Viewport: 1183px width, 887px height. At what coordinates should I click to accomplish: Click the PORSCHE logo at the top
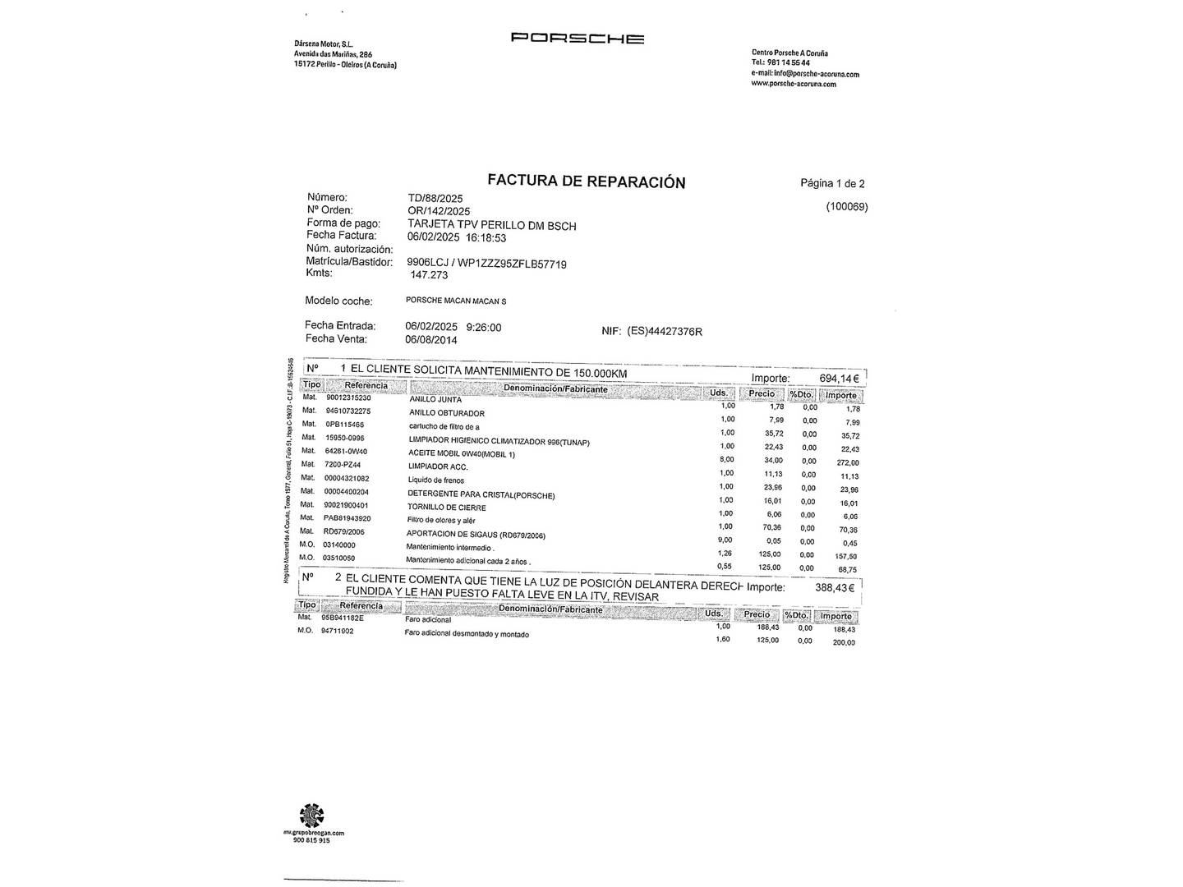(x=577, y=38)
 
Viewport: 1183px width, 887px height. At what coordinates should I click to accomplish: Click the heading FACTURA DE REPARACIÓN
(x=586, y=182)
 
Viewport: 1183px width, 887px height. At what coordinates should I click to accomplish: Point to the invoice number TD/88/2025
(x=435, y=198)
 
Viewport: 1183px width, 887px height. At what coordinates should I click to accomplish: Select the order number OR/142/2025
(x=439, y=211)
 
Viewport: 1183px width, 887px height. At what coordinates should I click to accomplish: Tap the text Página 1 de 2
(x=832, y=183)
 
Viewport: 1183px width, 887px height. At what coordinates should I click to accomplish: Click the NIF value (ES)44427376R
(x=664, y=331)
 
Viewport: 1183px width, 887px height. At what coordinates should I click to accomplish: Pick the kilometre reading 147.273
(x=429, y=275)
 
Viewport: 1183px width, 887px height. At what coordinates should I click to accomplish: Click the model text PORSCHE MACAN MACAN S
(x=456, y=301)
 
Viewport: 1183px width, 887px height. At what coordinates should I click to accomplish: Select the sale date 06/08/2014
(x=431, y=340)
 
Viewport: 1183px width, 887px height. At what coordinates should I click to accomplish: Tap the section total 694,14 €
(x=839, y=379)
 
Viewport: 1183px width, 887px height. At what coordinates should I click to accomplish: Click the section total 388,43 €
(x=835, y=588)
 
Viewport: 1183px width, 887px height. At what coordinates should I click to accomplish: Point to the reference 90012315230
(x=348, y=398)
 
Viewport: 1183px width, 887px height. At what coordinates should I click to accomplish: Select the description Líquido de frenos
(x=436, y=480)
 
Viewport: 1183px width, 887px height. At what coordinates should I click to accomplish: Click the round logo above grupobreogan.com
(x=311, y=816)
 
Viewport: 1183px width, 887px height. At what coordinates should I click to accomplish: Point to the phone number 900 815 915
(x=311, y=840)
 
